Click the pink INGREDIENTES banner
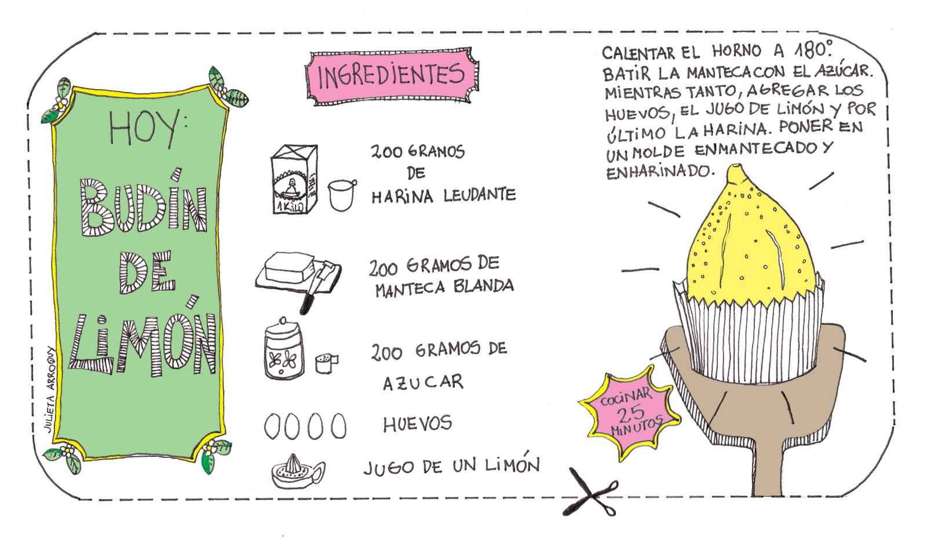[392, 77]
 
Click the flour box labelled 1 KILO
[294, 180]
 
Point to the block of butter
[290, 268]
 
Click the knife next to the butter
[316, 286]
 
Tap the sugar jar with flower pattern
[283, 350]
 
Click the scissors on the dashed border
[591, 494]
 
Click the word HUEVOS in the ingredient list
[417, 424]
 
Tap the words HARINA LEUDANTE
[443, 196]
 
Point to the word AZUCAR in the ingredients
[423, 383]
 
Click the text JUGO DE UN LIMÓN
[452, 465]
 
